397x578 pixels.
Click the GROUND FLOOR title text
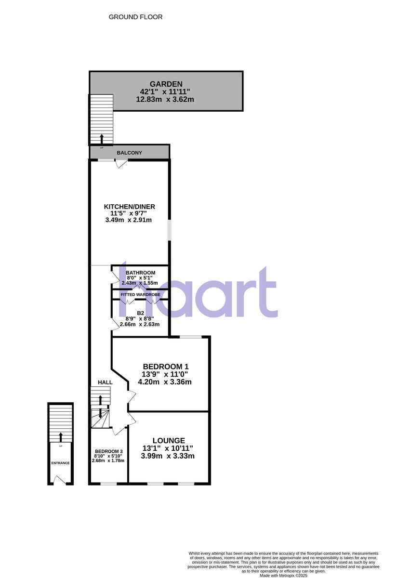(135, 17)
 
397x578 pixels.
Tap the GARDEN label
(166, 84)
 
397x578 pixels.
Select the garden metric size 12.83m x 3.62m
(165, 100)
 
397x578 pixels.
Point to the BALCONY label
(130, 153)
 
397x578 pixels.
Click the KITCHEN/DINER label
(130, 207)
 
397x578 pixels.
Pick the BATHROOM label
(141, 273)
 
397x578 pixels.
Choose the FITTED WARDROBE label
(140, 294)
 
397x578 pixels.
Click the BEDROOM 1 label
(165, 366)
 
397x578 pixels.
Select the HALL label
(105, 382)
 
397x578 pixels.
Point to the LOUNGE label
(169, 440)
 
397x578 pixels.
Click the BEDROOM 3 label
(108, 451)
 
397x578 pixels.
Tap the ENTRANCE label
(60, 463)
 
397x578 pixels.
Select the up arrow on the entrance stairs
(60, 437)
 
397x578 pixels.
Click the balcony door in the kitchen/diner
(121, 163)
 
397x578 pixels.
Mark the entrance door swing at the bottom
(59, 480)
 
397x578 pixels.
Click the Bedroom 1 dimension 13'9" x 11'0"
(165, 374)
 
